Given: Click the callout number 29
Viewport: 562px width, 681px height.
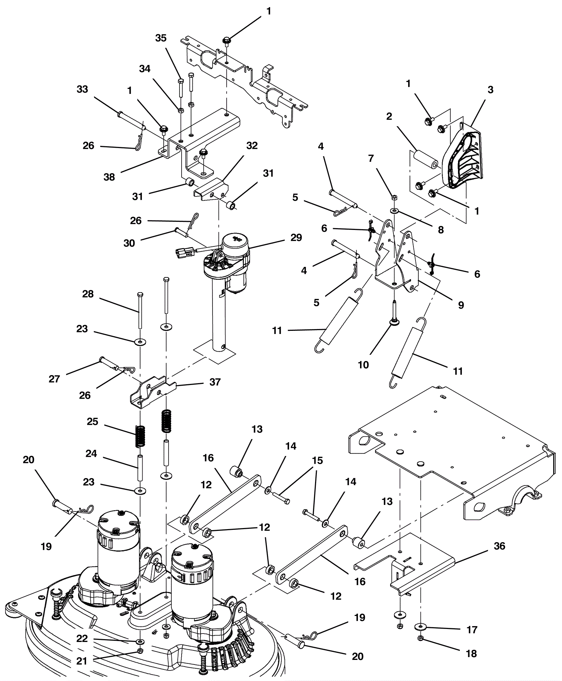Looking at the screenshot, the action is coord(296,238).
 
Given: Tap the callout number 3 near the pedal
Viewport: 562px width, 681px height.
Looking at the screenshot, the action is coord(490,90).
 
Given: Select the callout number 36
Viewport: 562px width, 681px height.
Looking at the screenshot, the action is coord(499,546).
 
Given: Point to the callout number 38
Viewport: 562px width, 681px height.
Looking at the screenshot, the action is coord(109,177).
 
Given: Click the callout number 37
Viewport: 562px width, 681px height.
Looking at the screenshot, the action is coord(215,382).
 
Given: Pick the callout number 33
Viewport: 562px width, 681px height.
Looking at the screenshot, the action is coord(82,89).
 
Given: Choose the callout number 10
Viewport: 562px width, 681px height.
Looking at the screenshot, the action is coord(363,365).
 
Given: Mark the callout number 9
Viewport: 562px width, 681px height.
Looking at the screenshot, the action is coord(461,305).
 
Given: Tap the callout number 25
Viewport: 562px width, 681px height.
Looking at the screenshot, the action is coord(92,422).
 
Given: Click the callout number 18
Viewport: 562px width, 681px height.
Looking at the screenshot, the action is coord(471,654).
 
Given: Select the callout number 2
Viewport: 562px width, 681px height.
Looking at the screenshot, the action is coord(389,116).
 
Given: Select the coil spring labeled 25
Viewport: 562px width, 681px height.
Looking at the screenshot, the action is coord(140,437).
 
